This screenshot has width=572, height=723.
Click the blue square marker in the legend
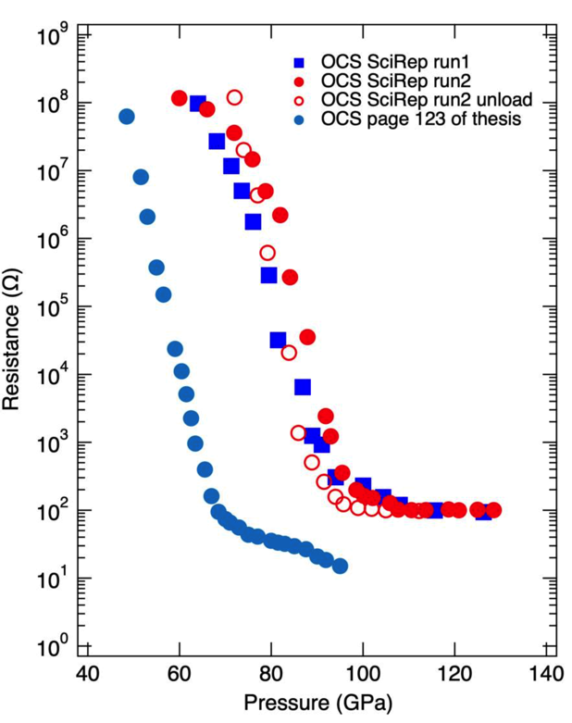pos(299,62)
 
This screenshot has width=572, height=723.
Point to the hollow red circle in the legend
pos(299,100)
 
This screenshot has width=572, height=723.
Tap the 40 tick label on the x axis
pos(87,670)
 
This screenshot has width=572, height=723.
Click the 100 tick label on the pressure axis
pos(363,670)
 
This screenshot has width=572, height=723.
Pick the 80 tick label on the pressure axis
pos(271,670)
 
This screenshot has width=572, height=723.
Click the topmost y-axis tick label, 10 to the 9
pos(54,37)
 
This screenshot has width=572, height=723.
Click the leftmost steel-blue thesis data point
pos(127,117)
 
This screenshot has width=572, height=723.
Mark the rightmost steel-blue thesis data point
pos(340,566)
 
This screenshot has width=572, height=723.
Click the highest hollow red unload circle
pos(234,97)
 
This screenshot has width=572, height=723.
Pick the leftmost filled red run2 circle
pos(180,98)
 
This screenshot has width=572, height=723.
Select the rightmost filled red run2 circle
pos(493,510)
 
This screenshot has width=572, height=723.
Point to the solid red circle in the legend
pos(299,81)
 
